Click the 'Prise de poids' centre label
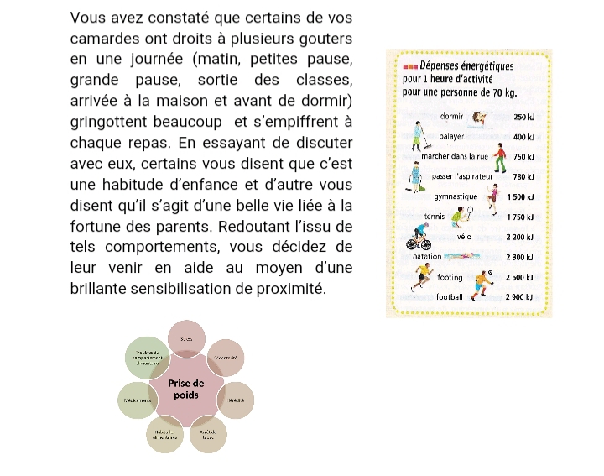[186, 389]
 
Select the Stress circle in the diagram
[186, 337]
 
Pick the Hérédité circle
[236, 400]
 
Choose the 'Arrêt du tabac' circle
[209, 435]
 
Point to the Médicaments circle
[138, 400]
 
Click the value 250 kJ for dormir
[524, 118]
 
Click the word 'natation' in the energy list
[428, 256]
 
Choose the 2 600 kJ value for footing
[521, 277]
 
